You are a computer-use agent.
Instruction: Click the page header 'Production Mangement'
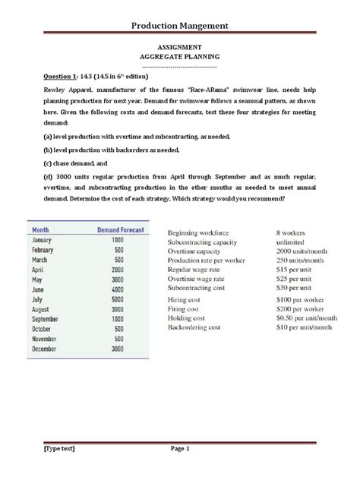[180, 27]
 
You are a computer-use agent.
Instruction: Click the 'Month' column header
[43, 229]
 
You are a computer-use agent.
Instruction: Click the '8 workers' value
[293, 231]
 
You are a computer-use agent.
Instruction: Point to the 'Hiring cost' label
[188, 300]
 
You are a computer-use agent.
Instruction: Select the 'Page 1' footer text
[179, 449]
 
